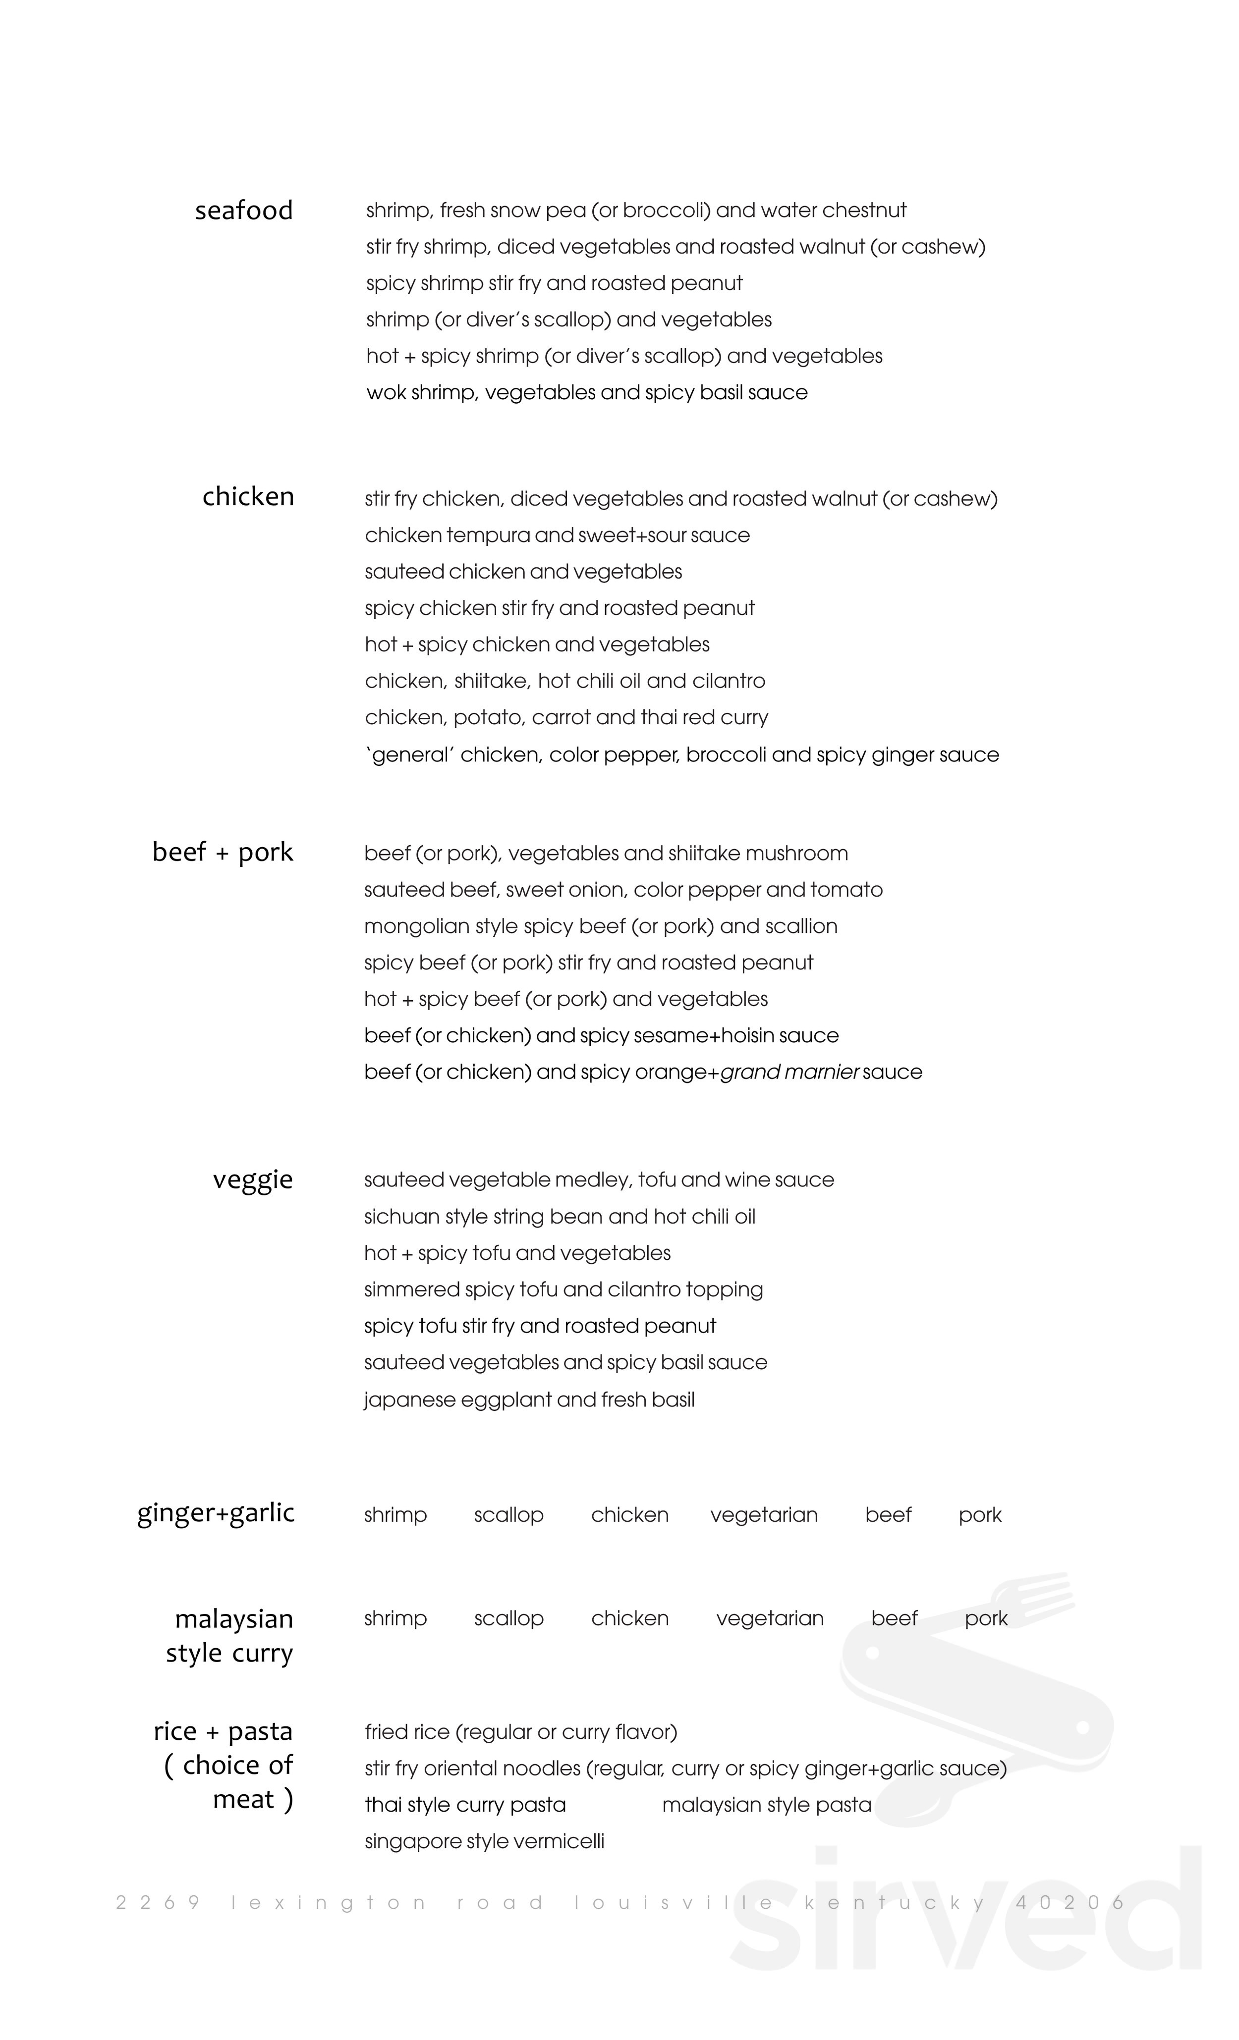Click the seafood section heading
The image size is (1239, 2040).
click(x=243, y=211)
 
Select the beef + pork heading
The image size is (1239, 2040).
click(x=222, y=852)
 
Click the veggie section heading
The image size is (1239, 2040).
click(x=253, y=1179)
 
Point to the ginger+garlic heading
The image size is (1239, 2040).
click(x=215, y=1512)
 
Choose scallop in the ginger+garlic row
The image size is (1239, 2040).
click(x=508, y=1515)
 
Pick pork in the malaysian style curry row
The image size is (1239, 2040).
click(x=986, y=1618)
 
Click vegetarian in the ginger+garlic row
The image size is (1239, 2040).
click(x=764, y=1515)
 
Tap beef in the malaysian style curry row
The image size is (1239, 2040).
click(x=894, y=1618)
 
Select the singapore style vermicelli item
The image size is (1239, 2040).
click(x=485, y=1842)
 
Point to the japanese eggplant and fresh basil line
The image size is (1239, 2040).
click(x=529, y=1400)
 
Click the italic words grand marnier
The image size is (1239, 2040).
click(x=789, y=1072)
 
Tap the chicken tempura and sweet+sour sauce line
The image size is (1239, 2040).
click(x=557, y=536)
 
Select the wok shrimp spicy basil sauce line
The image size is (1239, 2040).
click(x=586, y=392)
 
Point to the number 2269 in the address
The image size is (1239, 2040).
click(x=158, y=1903)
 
